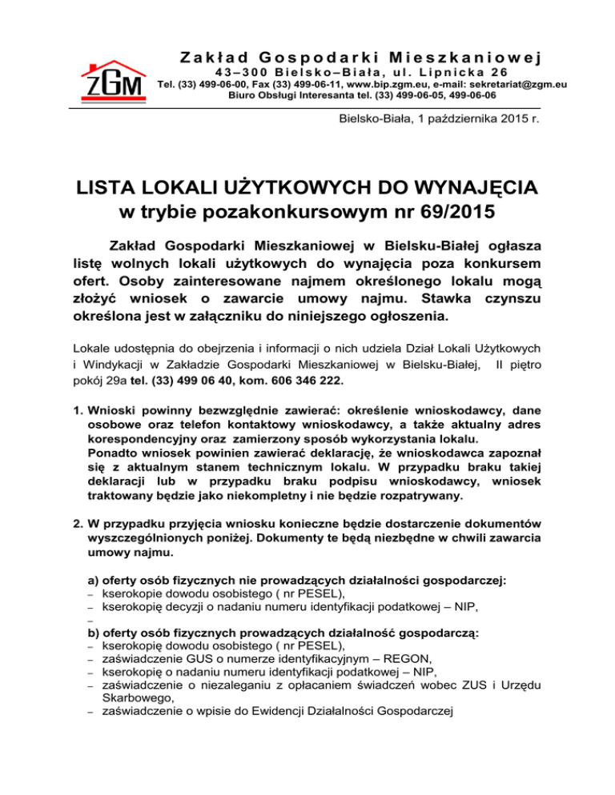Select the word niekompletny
pos(279,495)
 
